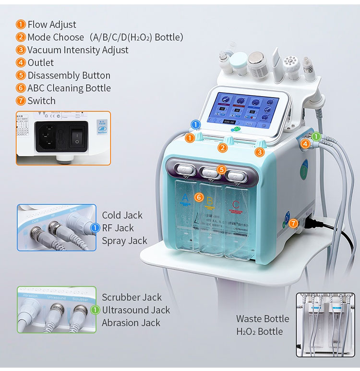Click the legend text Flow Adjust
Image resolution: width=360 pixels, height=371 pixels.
point(51,25)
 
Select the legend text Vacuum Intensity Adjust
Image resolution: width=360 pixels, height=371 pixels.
point(78,50)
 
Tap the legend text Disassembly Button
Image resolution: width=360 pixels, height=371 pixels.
point(69,75)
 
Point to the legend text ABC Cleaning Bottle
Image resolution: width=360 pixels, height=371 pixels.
point(69,88)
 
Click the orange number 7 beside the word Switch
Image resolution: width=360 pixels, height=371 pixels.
point(21,101)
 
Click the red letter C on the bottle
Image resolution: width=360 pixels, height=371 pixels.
point(235,205)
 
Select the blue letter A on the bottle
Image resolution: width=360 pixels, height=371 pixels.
point(186,198)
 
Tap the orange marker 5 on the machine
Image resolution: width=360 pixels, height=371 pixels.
point(221,169)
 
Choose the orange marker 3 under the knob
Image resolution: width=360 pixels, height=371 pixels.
point(260,152)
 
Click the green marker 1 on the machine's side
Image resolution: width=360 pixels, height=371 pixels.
point(316,137)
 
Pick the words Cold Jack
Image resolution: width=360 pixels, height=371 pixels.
point(122,215)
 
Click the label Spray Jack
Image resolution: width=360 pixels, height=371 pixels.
point(124,241)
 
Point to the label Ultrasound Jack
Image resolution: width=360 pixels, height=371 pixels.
point(136,310)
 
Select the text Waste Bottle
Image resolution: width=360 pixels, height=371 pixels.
point(263,319)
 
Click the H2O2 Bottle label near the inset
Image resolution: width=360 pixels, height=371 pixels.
point(260,332)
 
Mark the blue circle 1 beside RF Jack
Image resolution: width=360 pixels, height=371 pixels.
point(94,228)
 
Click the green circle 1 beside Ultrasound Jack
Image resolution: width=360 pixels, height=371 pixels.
point(95,310)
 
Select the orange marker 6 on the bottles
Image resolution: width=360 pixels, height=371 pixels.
point(199,197)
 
